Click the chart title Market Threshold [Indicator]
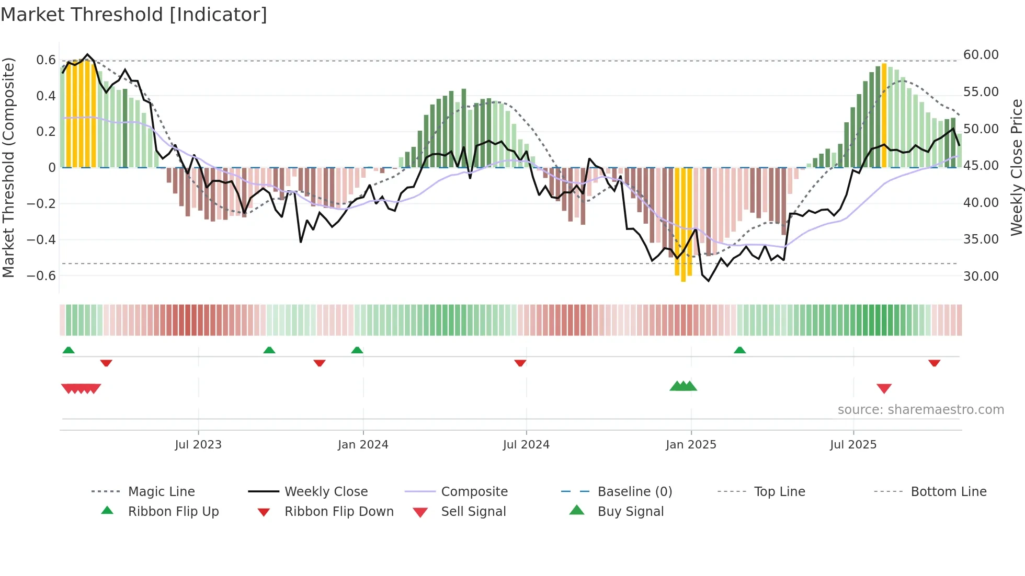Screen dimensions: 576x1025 [x=134, y=15]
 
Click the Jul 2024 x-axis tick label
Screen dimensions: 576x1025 [x=526, y=444]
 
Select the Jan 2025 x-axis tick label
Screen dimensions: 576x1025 [x=691, y=444]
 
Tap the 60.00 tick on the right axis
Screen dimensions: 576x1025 [x=981, y=55]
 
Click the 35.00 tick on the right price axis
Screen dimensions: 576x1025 [x=981, y=239]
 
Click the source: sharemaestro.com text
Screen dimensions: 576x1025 [x=920, y=409]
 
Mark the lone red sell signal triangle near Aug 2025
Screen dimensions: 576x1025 [x=884, y=388]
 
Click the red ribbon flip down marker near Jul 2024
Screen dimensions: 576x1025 [x=520, y=363]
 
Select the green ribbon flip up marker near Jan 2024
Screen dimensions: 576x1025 [x=357, y=350]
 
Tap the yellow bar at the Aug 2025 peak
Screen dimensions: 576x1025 [x=884, y=115]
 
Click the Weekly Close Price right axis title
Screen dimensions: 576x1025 [x=1016, y=167]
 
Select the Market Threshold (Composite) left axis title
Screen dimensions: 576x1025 [x=8, y=167]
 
